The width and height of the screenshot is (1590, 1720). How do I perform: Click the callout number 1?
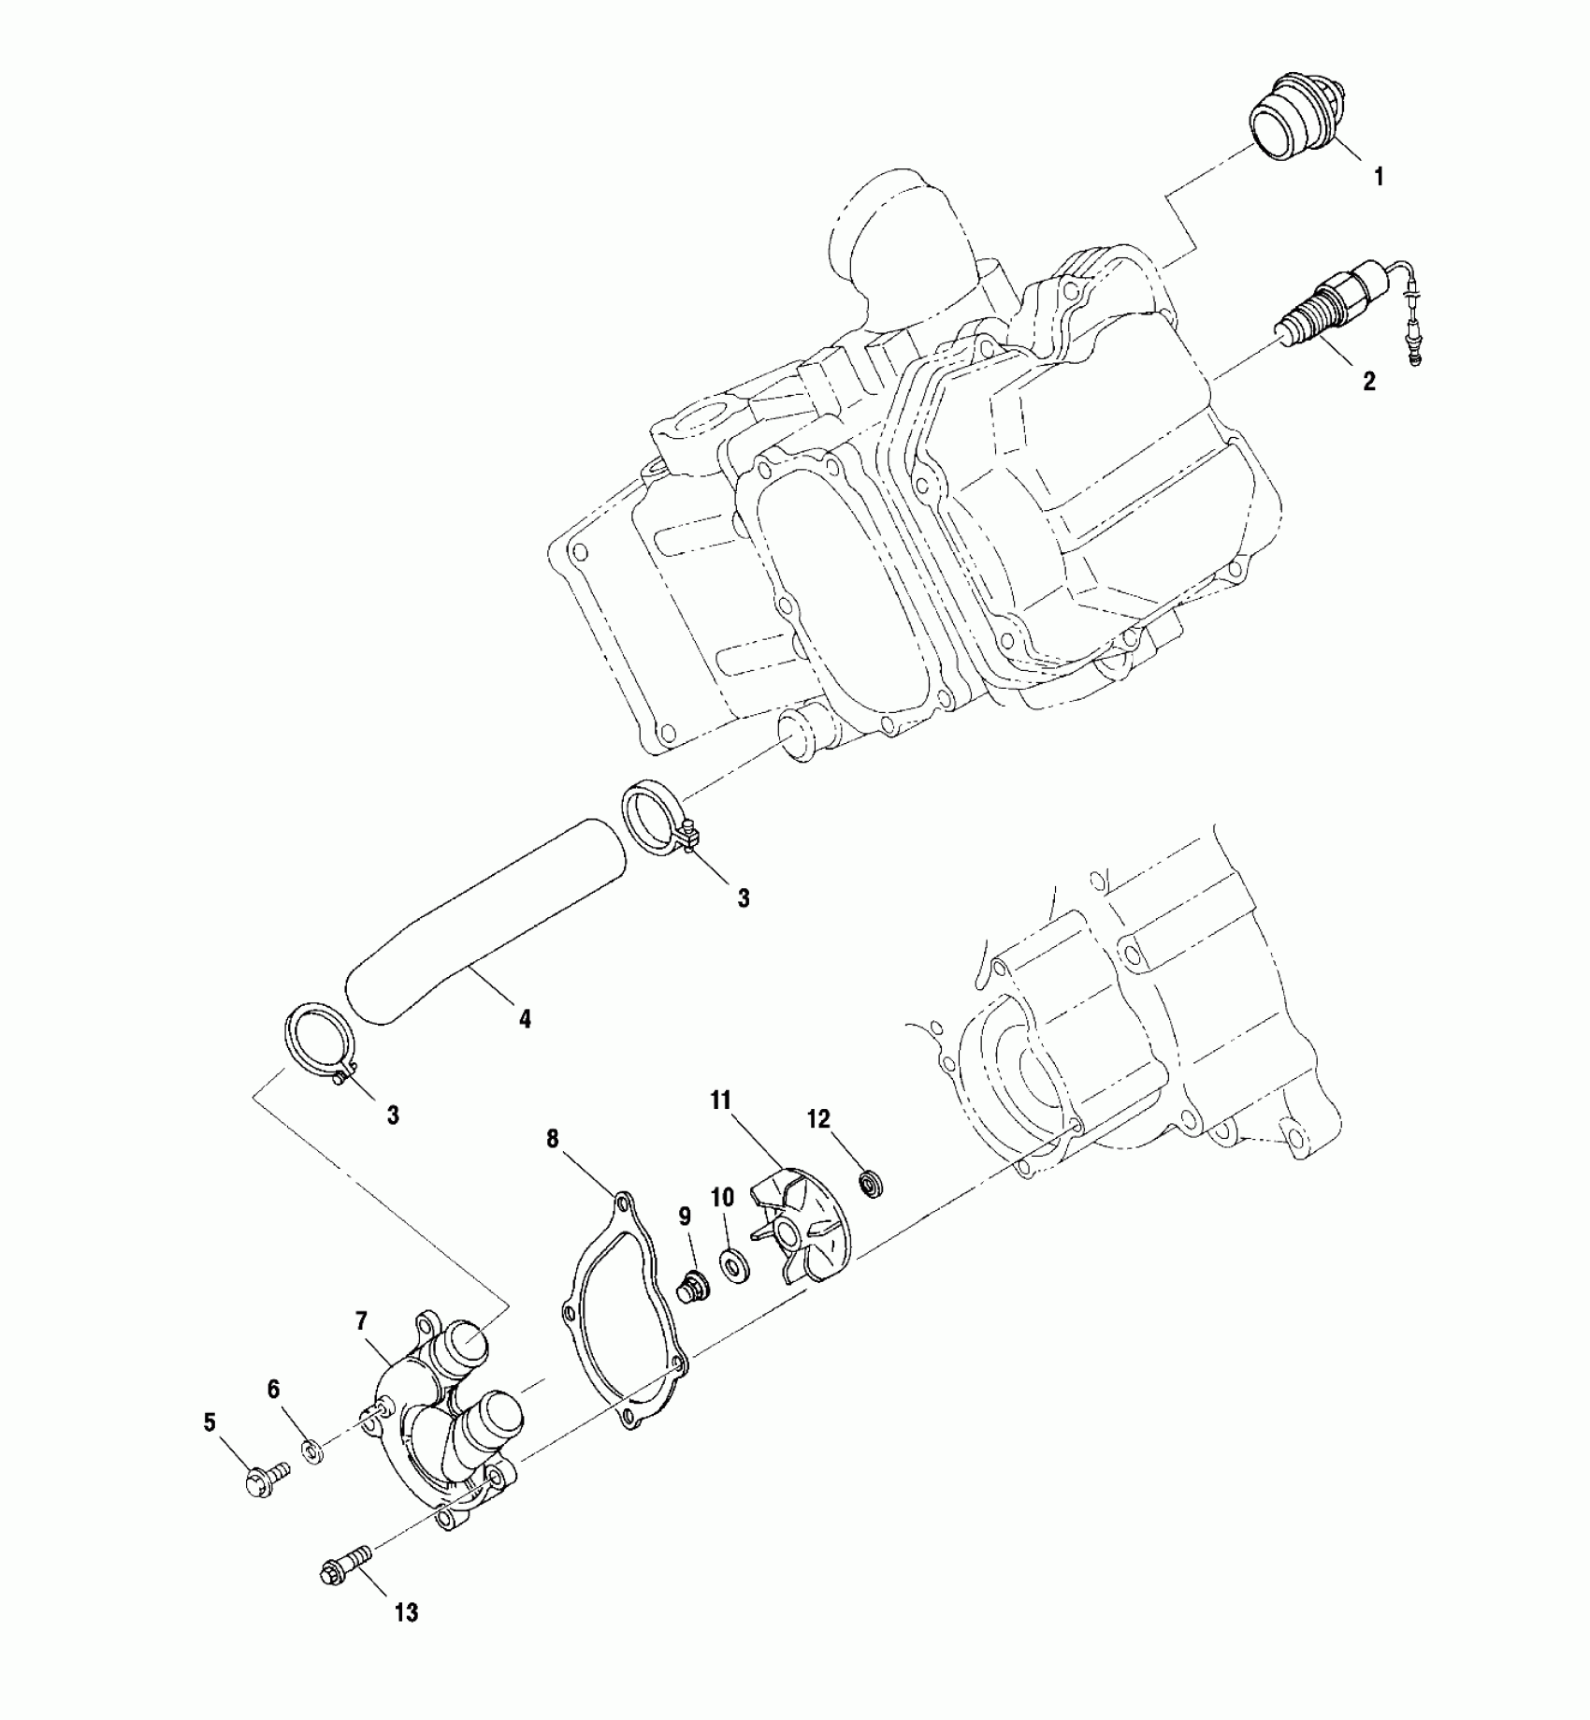pos(1377,176)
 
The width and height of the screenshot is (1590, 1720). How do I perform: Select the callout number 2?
pos(1369,381)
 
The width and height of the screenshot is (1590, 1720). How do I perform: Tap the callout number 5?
pos(210,1450)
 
